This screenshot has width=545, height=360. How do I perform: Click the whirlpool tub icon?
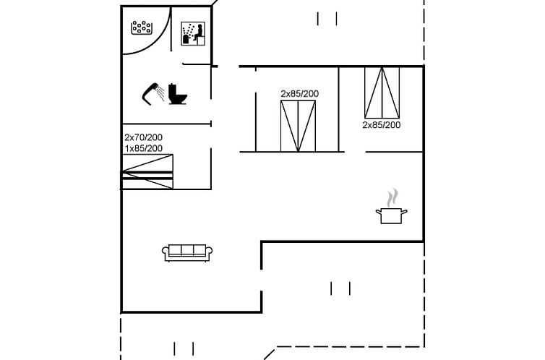point(142,27)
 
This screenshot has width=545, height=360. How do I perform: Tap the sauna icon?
point(191,33)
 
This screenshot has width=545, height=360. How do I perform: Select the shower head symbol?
point(151,93)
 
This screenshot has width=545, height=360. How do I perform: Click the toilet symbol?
point(178,95)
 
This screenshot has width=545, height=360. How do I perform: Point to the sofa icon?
point(187,252)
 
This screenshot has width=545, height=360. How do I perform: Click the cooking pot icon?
point(391,215)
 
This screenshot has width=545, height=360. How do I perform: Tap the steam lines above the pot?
point(392,197)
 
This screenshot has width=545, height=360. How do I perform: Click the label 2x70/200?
point(143,137)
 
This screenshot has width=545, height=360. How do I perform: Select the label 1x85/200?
point(143,148)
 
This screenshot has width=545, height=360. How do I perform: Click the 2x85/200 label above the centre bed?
point(299,93)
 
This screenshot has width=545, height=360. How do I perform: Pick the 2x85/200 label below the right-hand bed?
point(381,124)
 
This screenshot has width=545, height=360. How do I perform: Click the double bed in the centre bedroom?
point(298,126)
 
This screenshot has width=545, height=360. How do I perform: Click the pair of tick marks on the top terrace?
point(327,19)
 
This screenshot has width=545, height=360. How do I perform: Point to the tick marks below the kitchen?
point(340,289)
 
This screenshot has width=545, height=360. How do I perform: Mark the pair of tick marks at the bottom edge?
point(184,348)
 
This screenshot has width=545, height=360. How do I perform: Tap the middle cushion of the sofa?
point(187,251)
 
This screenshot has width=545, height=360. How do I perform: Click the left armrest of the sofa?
point(165,252)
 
